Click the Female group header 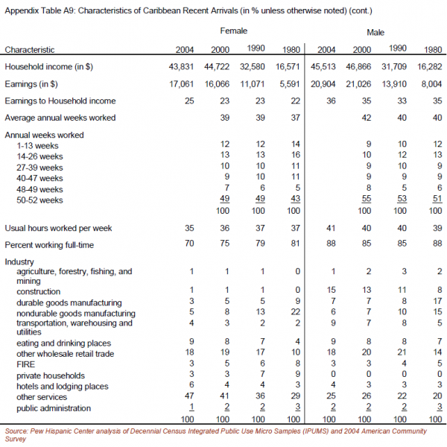point(233,31)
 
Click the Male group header point(375,33)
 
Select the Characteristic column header point(30,50)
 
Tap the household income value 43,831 point(181,67)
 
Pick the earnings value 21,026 point(358,84)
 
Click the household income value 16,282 point(430,67)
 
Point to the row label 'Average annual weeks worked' point(60,118)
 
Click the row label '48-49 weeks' point(39,189)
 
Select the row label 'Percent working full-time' point(49,245)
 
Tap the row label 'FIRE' point(25,364)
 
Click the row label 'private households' point(51,375)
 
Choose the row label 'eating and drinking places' point(63,343)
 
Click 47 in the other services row point(189,396)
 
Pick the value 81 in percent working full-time point(295,244)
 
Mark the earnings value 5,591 point(290,84)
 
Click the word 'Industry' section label point(19,261)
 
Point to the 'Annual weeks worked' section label point(44,135)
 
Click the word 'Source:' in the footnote point(16,431)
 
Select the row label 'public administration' point(54,408)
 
